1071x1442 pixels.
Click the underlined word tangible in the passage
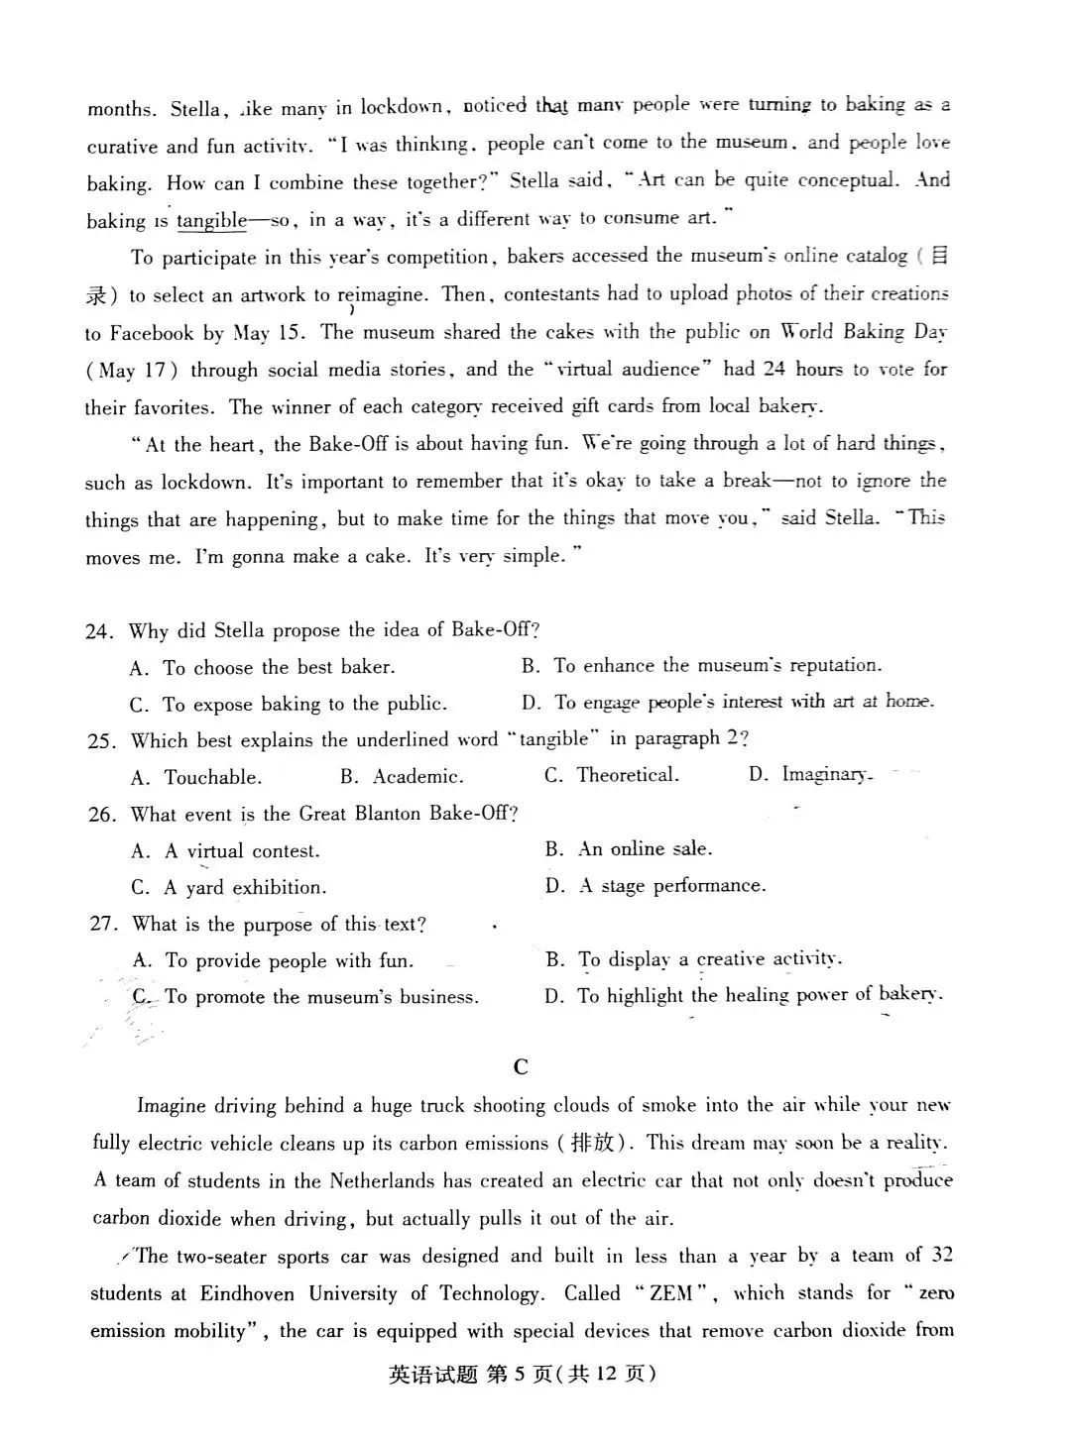pyautogui.click(x=211, y=220)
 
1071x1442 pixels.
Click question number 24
pyautogui.click(x=100, y=631)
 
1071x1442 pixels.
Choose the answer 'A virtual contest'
pyautogui.click(x=242, y=851)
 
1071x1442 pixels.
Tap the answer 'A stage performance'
pyautogui.click(x=672, y=885)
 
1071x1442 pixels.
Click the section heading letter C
pyautogui.click(x=522, y=1066)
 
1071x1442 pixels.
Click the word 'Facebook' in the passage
pyautogui.click(x=152, y=333)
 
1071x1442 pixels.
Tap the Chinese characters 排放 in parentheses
pyautogui.click(x=592, y=1143)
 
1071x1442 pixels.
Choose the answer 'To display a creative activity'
pyautogui.click(x=710, y=959)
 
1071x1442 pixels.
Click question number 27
pyautogui.click(x=104, y=924)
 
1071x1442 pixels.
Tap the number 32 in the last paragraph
pyautogui.click(x=942, y=1255)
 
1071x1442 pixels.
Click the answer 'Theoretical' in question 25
pyautogui.click(x=628, y=775)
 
